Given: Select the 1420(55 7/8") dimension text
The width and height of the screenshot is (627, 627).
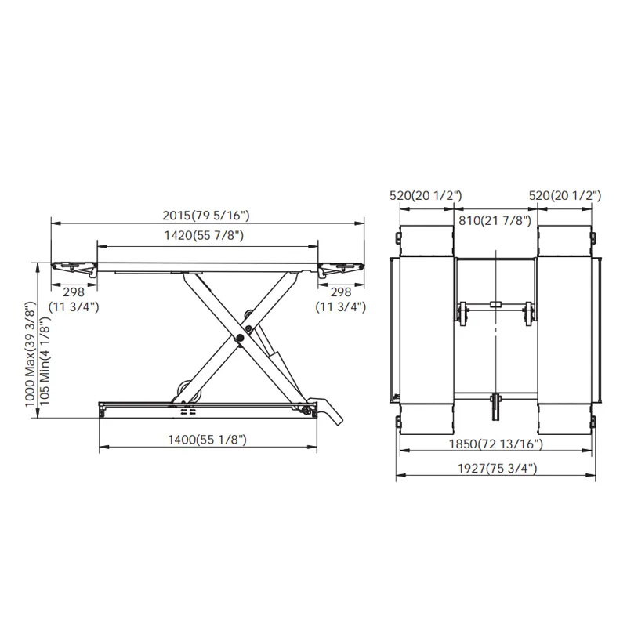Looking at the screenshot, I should pos(207,235).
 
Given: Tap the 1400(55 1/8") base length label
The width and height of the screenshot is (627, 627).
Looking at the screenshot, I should pos(207,440).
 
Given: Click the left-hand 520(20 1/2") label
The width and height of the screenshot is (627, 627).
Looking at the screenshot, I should pos(427,195).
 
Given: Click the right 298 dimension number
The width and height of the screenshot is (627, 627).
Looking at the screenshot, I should pos(341,292).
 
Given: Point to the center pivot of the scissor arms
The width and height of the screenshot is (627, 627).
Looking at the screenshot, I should pos(240,339).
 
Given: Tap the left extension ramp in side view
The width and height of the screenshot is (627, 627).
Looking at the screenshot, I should pos(74,268).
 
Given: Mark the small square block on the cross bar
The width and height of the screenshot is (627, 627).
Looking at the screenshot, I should pos(495,304).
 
